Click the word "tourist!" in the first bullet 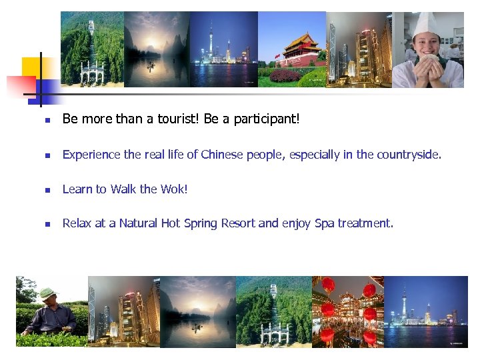(175, 119)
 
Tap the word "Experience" (93, 155)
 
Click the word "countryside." (409, 155)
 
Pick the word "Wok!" (174, 189)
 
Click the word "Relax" (77, 223)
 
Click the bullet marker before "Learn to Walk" (47, 190)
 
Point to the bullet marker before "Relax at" (47, 225)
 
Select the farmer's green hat (47, 293)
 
